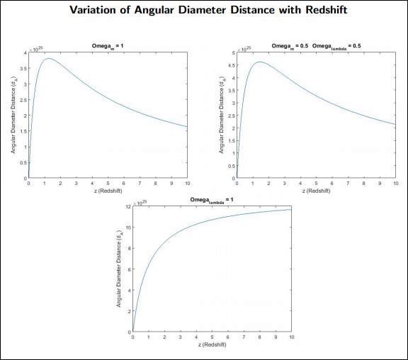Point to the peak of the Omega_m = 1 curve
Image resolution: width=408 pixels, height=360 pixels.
coord(48,59)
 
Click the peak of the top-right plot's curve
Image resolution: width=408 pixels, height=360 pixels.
coord(261,62)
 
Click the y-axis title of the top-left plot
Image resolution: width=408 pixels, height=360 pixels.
coord(13,115)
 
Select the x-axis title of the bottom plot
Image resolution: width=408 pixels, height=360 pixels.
coord(212,344)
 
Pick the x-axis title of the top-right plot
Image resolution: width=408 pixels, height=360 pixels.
coord(316,191)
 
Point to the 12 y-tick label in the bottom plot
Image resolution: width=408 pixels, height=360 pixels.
coord(127,207)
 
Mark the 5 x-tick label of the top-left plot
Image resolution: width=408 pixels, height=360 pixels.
coord(108,184)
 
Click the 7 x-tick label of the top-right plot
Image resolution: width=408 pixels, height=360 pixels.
coord(348,184)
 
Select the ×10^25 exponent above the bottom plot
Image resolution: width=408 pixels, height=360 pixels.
coord(140,201)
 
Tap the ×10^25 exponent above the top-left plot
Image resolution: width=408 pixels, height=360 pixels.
coord(35,47)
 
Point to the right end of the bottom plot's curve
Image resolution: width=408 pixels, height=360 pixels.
coord(290,209)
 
